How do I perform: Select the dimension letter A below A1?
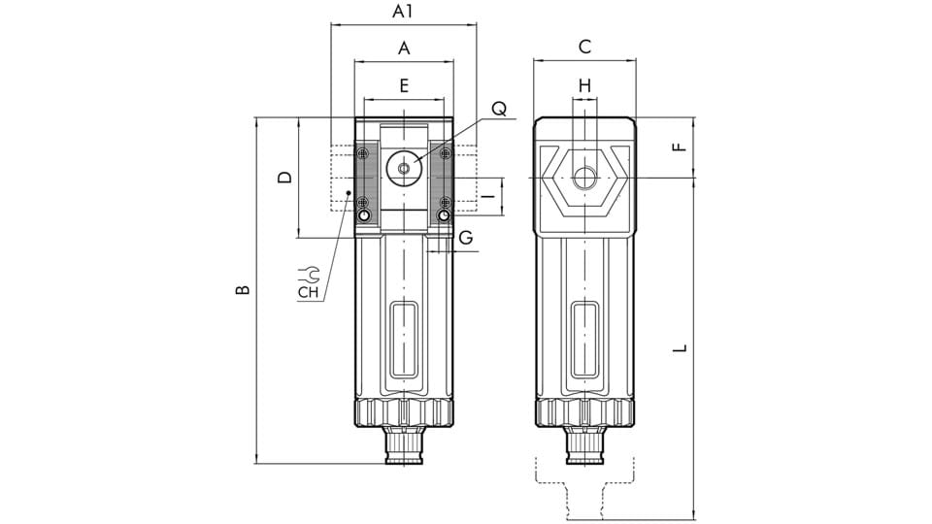click(x=404, y=48)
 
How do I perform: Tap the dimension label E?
click(x=404, y=84)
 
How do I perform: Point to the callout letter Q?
click(x=498, y=110)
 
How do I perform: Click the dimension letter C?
click(x=584, y=47)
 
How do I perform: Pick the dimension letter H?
click(x=584, y=85)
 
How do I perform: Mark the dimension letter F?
click(x=680, y=147)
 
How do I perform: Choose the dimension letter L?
click(x=681, y=346)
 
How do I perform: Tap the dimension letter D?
click(x=283, y=177)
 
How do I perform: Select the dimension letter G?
click(x=466, y=238)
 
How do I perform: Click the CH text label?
click(x=309, y=290)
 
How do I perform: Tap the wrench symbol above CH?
click(x=309, y=273)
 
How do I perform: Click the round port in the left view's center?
click(x=403, y=167)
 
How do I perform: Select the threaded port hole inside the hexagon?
click(x=583, y=179)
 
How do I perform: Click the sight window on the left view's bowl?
click(x=404, y=340)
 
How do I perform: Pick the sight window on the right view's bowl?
click(x=584, y=340)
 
